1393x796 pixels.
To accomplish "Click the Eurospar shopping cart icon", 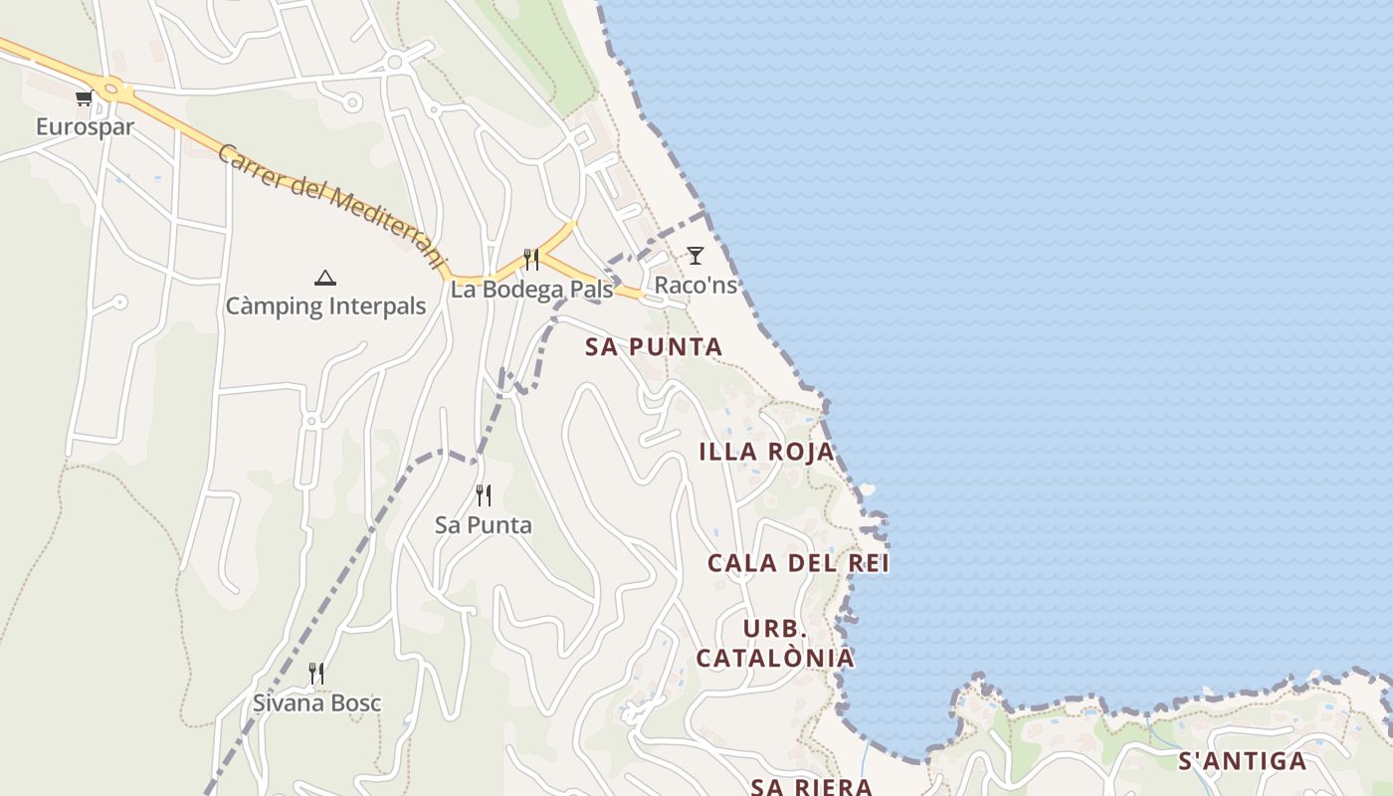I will pyautogui.click(x=84, y=98).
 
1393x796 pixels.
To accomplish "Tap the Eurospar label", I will pyautogui.click(x=85, y=126).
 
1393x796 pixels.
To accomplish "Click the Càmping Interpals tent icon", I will pyautogui.click(x=324, y=278).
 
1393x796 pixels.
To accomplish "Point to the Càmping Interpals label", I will pyautogui.click(x=325, y=306).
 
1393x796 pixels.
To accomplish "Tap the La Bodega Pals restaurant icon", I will pyautogui.click(x=531, y=260).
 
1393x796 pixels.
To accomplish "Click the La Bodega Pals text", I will pyautogui.click(x=531, y=290).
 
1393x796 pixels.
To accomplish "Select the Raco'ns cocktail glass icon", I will pyautogui.click(x=696, y=256).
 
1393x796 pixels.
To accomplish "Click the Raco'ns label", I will pyautogui.click(x=696, y=286).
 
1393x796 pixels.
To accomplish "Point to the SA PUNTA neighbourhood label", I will pyautogui.click(x=654, y=347).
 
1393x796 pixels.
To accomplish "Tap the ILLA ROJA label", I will pyautogui.click(x=766, y=452).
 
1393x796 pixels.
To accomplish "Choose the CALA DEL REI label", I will pyautogui.click(x=798, y=563).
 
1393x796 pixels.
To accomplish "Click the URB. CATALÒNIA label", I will pyautogui.click(x=774, y=644).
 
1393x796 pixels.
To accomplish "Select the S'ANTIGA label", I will pyautogui.click(x=1242, y=762).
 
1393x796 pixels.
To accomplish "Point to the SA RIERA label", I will pyautogui.click(x=811, y=787).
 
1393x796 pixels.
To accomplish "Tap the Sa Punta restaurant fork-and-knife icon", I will pyautogui.click(x=484, y=495).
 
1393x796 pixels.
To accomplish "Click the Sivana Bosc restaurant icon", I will pyautogui.click(x=316, y=674).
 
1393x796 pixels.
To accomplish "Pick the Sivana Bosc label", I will pyautogui.click(x=316, y=703).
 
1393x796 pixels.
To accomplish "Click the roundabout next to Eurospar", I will pyautogui.click(x=109, y=90).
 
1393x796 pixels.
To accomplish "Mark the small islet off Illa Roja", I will pyautogui.click(x=867, y=490).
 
